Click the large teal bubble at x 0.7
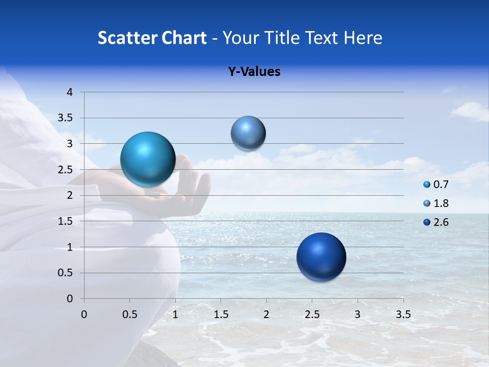click(x=148, y=159)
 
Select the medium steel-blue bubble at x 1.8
click(x=248, y=133)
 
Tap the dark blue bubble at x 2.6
click(x=321, y=257)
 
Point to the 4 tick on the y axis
click(x=70, y=92)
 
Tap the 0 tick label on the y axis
click(x=70, y=299)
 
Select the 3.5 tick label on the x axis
click(x=403, y=314)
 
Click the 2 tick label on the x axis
click(x=266, y=314)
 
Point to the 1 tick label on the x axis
click(x=175, y=314)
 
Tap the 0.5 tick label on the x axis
click(x=129, y=314)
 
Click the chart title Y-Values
click(x=254, y=72)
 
